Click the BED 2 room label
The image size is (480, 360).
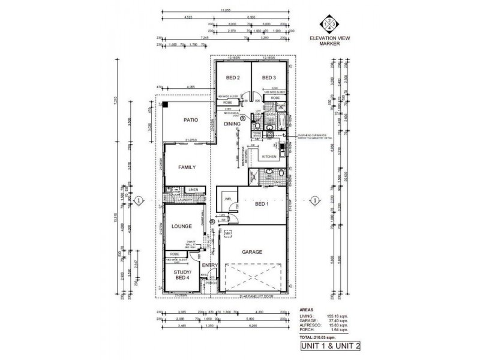[233, 78]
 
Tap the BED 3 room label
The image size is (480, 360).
[269, 78]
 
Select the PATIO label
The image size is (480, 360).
[191, 120]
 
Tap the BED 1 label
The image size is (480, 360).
[262, 205]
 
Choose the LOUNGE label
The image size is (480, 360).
[181, 226]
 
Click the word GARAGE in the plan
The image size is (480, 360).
[251, 253]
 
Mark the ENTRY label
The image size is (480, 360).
[209, 265]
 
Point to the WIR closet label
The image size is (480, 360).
[228, 199]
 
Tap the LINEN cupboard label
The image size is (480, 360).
[193, 190]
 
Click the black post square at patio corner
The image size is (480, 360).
[163, 105]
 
